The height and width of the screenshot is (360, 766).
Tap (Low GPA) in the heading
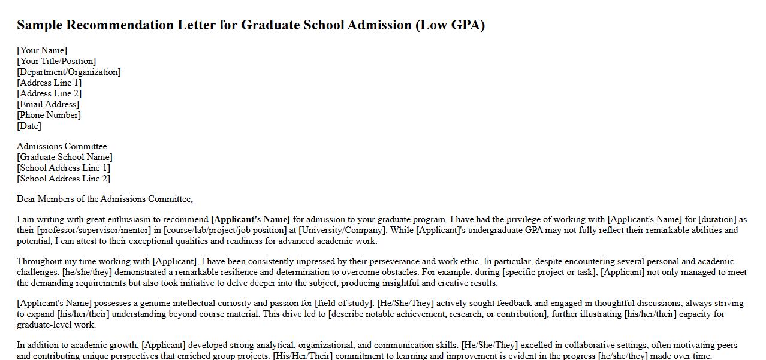point(450,25)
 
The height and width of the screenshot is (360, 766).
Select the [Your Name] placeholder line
point(42,50)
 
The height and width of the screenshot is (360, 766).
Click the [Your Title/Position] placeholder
point(56,61)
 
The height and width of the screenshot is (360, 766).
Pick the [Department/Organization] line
point(69,72)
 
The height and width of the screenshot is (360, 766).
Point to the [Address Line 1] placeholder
point(49,83)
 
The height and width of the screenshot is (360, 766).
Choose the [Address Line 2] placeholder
point(49,93)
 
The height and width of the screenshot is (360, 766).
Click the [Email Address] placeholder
point(48,104)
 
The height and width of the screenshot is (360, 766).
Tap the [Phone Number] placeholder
point(49,115)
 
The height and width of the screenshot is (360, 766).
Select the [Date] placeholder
point(29,126)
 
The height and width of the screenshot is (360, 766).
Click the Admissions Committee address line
point(62,146)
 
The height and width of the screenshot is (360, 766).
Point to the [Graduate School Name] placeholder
point(65,157)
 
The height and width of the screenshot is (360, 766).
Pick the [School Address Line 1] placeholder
point(64,168)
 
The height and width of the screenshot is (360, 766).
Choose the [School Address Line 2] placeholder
point(64,179)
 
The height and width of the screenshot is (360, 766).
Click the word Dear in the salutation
point(26,199)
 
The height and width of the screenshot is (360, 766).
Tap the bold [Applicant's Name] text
point(251,219)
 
